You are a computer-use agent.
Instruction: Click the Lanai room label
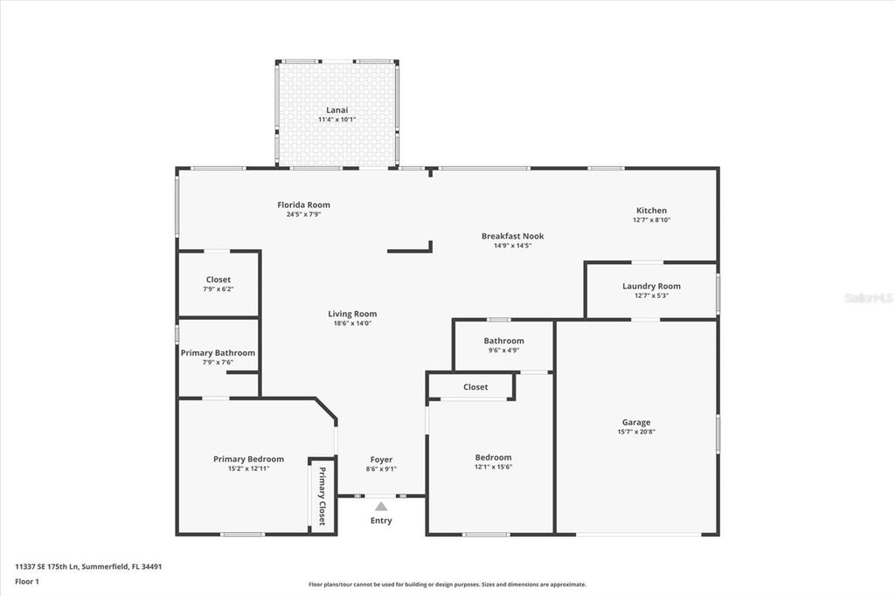click(336, 110)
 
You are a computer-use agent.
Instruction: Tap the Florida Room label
click(303, 204)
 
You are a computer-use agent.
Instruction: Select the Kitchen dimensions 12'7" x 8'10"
click(651, 220)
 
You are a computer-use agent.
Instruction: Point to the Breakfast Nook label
click(512, 236)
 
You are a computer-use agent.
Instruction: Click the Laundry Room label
click(651, 286)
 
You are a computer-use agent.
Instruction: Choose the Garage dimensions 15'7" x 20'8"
click(635, 432)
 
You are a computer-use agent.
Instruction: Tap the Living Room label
click(352, 314)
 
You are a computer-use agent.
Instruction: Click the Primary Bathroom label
click(218, 353)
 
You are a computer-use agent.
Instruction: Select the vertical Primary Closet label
click(322, 496)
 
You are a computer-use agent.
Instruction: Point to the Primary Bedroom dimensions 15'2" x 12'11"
click(248, 468)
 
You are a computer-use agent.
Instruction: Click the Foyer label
click(381, 459)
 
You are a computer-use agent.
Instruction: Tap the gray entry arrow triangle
click(381, 505)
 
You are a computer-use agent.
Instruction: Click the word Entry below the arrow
click(381, 521)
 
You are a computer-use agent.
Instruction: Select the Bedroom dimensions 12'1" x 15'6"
click(493, 467)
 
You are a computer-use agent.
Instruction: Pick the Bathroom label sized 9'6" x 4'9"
click(503, 341)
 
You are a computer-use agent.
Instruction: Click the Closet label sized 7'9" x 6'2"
click(219, 280)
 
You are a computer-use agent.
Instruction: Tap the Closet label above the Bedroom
click(475, 386)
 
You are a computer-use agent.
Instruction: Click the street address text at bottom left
click(88, 566)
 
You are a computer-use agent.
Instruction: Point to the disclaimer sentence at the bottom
click(447, 585)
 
